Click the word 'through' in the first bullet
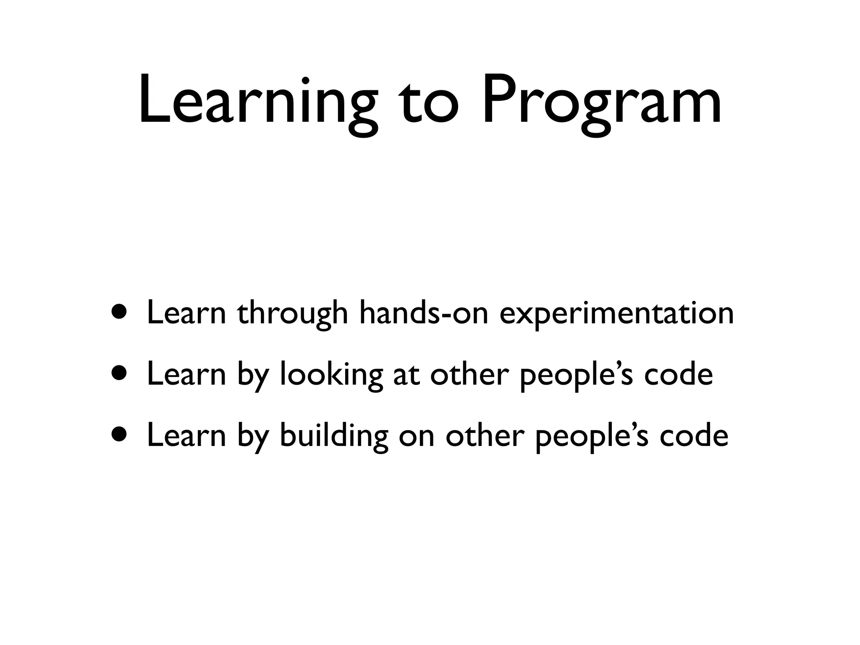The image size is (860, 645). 292,314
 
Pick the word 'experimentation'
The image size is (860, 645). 616,314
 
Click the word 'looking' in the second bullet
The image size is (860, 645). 331,375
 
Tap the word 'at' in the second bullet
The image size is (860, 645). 406,375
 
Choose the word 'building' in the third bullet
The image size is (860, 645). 334,436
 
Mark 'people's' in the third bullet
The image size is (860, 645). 592,436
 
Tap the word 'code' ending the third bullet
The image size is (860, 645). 694,435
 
